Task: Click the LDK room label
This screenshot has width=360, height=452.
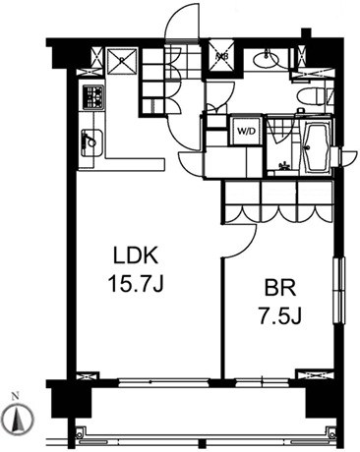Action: [x=134, y=258]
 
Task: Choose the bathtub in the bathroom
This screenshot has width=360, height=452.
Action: [x=312, y=146]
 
